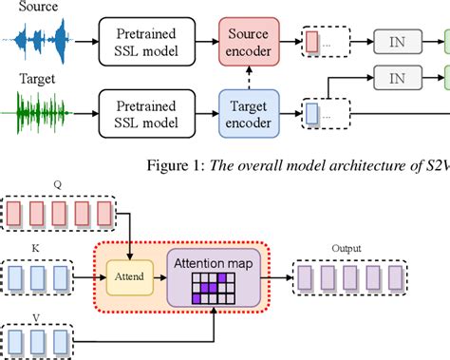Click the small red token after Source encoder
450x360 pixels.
click(311, 41)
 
